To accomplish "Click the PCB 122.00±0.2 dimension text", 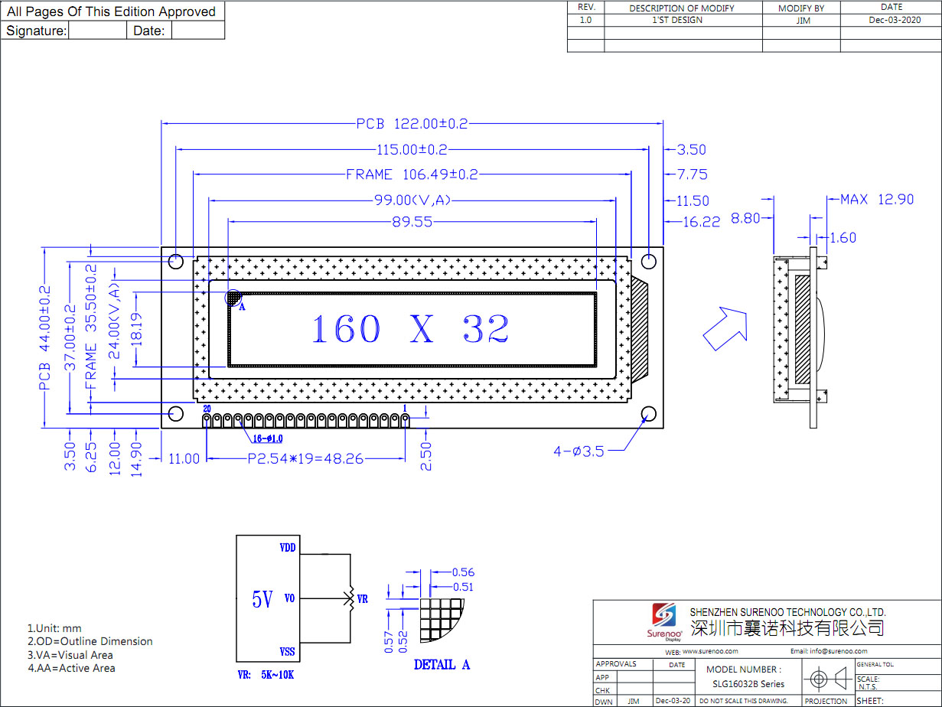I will coord(412,123).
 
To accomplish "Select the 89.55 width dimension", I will coord(412,222).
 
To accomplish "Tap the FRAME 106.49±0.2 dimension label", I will coord(412,174).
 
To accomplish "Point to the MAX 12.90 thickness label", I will coord(877,200).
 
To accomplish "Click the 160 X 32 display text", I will coord(411,330).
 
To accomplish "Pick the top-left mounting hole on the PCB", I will coord(175,261).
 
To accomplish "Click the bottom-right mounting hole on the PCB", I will coord(649,415).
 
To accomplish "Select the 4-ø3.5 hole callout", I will coord(579,451).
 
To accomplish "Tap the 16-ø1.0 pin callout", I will coord(268,438).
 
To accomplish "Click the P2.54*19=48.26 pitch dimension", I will coord(305,459).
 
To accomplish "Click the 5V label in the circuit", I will coord(262,600).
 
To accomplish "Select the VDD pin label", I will coord(288,548).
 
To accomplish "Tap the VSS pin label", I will coord(288,651).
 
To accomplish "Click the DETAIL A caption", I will coord(442,665).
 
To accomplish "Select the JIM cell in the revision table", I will coord(803,21).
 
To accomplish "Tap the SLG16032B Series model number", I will coord(748,684).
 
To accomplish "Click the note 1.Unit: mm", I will coord(54,628).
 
